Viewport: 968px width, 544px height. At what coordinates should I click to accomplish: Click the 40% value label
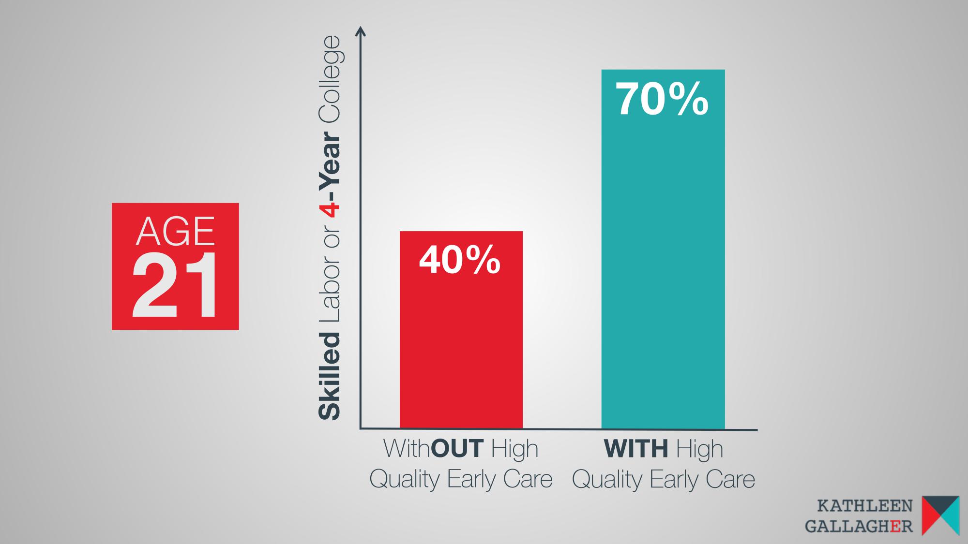[459, 260]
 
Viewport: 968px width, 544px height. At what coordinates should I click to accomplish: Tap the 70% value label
[662, 99]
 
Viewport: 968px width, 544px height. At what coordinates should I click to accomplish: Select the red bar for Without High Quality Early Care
[461, 330]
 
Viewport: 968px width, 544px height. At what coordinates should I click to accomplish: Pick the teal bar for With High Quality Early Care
[663, 249]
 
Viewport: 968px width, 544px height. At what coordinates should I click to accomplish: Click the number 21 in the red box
[175, 286]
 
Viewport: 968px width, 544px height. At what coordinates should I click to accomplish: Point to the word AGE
[175, 231]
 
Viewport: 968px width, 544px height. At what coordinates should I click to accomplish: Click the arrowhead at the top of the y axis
[360, 31]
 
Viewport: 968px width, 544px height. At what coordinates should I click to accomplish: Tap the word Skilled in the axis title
[329, 376]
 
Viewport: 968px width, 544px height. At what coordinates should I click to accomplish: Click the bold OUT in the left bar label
[456, 448]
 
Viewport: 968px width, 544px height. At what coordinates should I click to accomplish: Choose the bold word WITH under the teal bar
[635, 448]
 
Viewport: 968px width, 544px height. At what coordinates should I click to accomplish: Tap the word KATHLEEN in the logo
[864, 506]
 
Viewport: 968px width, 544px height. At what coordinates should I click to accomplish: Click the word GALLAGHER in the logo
[859, 526]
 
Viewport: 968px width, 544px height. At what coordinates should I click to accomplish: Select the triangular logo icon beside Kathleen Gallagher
[940, 515]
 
